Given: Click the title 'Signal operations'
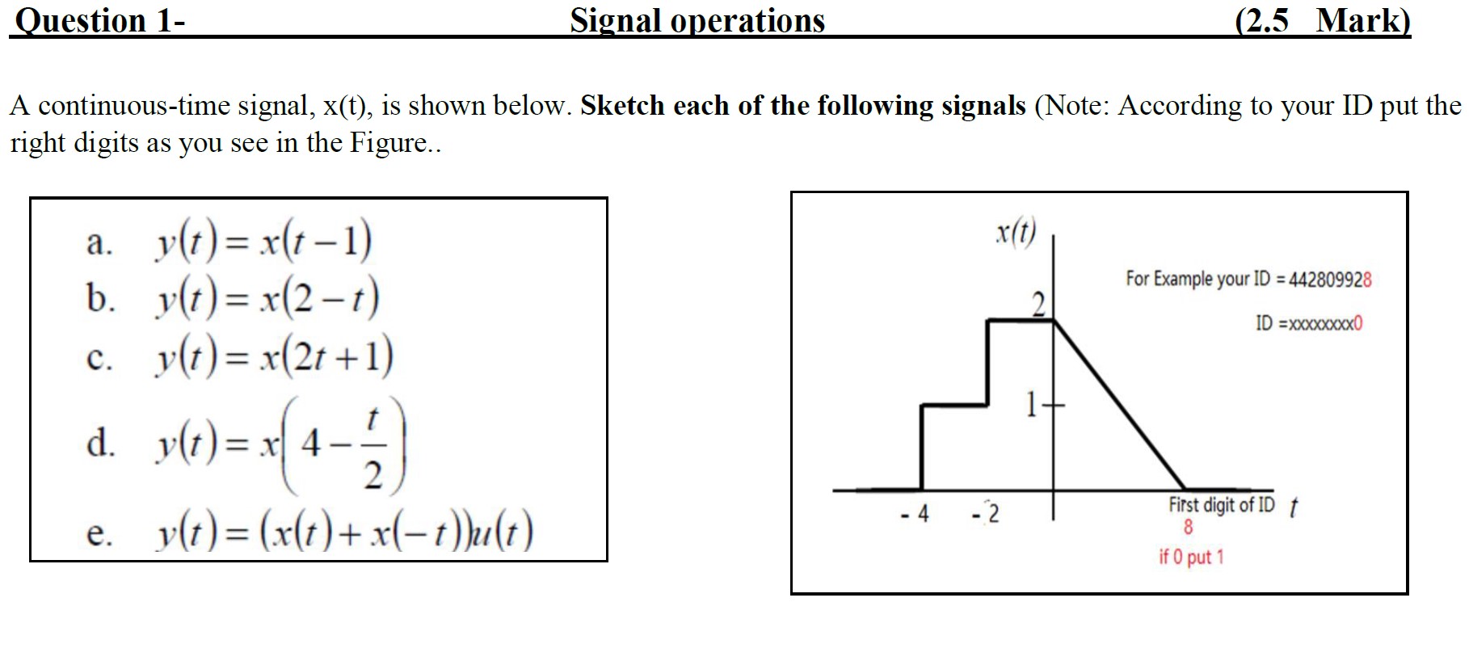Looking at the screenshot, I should point(697,20).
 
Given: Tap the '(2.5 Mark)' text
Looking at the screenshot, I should point(1323,20).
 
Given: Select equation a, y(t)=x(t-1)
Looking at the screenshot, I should point(263,242).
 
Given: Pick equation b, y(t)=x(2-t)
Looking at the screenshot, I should point(267,298).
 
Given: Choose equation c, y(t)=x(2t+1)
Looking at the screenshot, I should point(273,356).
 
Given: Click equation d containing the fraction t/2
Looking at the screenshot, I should point(279,445).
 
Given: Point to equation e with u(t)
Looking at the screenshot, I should point(343,533).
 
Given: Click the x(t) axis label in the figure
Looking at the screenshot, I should point(1015,233).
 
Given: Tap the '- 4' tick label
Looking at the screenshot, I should point(915,514).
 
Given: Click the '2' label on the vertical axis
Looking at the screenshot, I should point(1039,305).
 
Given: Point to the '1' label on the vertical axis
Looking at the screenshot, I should point(1032,404).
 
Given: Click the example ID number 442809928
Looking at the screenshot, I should point(1330,280).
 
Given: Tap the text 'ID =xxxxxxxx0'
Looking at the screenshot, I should point(1308,324).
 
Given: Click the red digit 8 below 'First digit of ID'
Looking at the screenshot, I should point(1188,528).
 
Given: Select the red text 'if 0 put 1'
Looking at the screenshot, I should point(1191,557).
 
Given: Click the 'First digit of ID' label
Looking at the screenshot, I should point(1221,506).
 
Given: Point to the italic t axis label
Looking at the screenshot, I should point(1293,507).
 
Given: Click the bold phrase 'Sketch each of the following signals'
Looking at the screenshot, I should point(803,106).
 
